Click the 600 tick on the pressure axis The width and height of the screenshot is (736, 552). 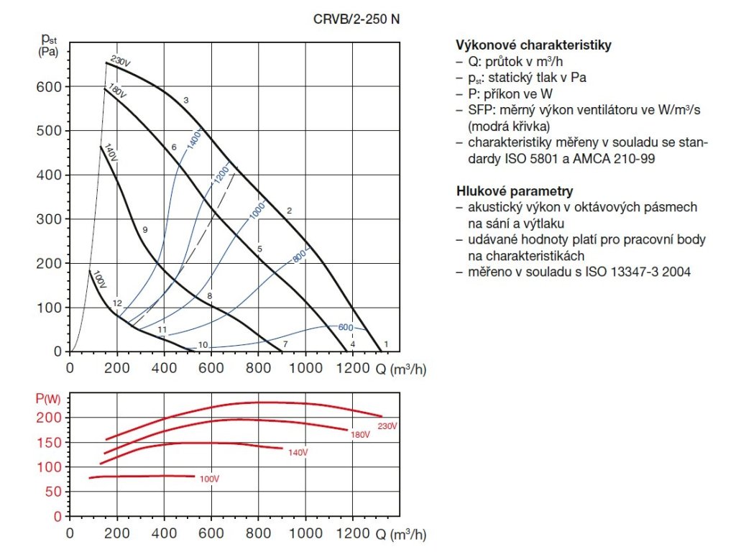tap(49, 87)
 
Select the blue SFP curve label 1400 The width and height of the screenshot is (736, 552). tap(194, 137)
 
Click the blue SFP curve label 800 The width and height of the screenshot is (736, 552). tap(300, 254)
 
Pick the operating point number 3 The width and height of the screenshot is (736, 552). tap(185, 100)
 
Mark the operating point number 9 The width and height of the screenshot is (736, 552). tap(144, 230)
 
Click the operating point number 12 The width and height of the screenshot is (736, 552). tap(118, 303)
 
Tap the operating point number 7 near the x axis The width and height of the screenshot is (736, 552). tap(285, 345)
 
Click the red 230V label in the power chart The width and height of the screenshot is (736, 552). tap(388, 426)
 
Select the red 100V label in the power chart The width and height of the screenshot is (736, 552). tap(209, 479)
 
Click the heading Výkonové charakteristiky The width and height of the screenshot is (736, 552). tap(534, 45)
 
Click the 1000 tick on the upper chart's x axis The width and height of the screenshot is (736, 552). tap(306, 369)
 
